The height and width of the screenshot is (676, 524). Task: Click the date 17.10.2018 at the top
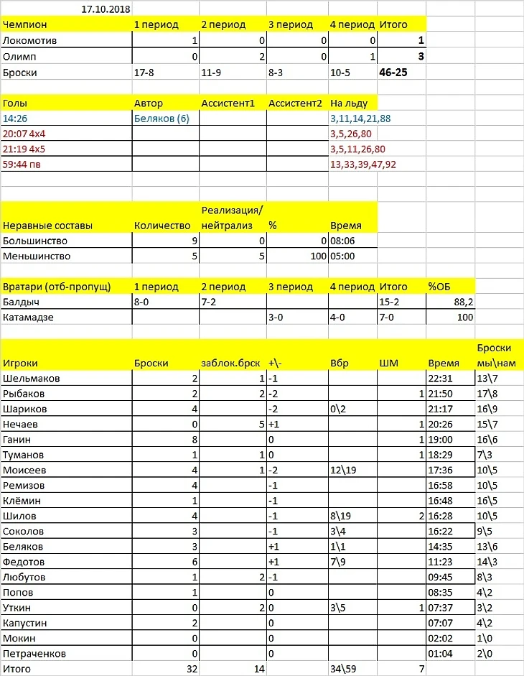[x=107, y=10]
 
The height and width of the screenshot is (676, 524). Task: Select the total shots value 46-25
[x=393, y=73]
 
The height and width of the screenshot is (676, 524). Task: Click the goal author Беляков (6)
[x=161, y=119]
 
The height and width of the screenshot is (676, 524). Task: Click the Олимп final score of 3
[x=421, y=57]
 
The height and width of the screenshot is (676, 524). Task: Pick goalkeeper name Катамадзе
[x=29, y=317]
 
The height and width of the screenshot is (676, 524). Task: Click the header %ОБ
[x=439, y=287]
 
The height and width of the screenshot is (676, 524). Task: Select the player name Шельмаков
[x=32, y=379]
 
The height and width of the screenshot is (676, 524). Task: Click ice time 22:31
[x=439, y=379]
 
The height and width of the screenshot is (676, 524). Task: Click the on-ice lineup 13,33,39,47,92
[x=362, y=165]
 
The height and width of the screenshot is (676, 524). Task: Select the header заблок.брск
[x=227, y=364]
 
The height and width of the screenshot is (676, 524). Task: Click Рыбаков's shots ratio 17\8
[x=487, y=394]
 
